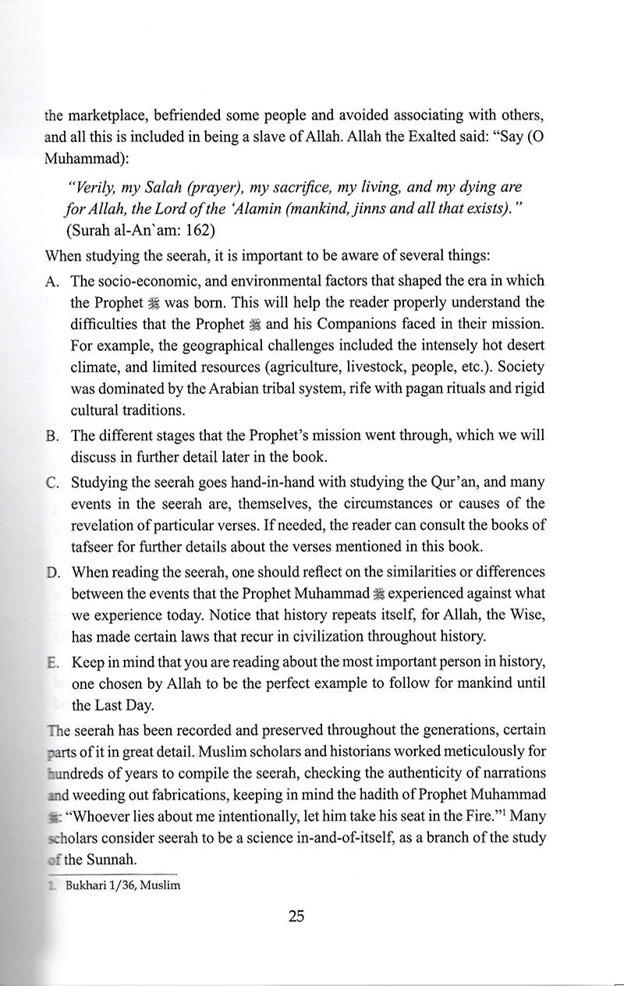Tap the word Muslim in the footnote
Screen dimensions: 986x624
click(x=161, y=886)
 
